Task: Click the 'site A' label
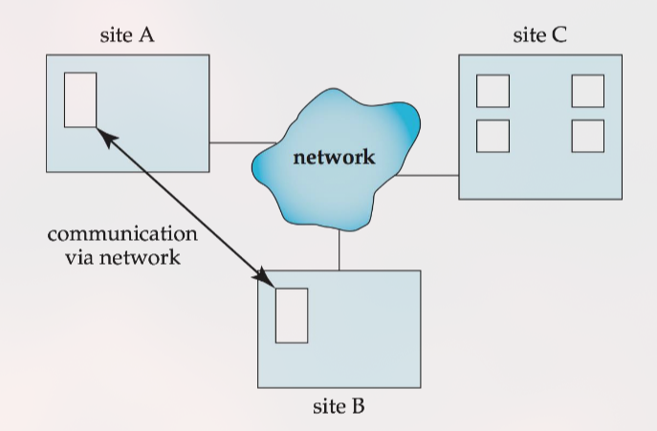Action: (127, 36)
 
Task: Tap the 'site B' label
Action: (339, 406)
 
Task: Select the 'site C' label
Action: (540, 36)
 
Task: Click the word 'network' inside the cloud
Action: (335, 158)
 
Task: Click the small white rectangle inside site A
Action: (80, 98)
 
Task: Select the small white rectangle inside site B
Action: (292, 314)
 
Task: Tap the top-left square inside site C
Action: (493, 91)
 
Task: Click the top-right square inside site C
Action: (587, 91)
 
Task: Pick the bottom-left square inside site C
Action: (493, 136)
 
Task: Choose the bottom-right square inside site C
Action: (587, 136)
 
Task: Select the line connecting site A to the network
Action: (231, 143)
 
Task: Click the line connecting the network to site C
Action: (426, 176)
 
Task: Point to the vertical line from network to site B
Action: (339, 250)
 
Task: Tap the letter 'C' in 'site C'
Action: (560, 36)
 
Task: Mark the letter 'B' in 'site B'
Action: (359, 406)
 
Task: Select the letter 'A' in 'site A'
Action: (148, 36)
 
